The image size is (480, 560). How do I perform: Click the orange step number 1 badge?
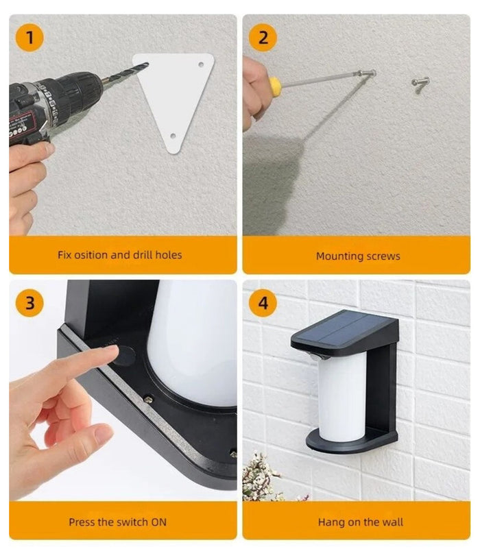(x=29, y=37)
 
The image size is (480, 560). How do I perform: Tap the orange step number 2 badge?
(x=263, y=37)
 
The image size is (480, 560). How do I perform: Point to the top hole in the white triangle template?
(x=201, y=64)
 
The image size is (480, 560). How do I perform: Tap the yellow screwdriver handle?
(x=274, y=86)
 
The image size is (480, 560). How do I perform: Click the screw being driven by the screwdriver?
(x=368, y=73)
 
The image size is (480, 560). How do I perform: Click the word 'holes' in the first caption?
(x=168, y=255)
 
